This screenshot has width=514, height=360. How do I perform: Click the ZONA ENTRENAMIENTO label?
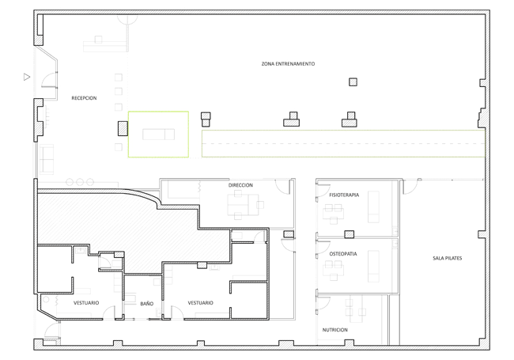click(x=288, y=64)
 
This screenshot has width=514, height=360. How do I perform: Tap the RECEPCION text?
click(x=84, y=98)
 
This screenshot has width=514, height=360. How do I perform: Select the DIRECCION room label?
click(x=240, y=185)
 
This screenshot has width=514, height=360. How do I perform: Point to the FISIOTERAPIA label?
click(x=344, y=195)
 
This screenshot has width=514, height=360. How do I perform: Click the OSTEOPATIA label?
click(x=343, y=254)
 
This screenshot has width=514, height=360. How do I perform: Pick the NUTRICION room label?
click(x=334, y=330)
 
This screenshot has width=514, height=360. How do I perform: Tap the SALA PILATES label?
click(x=447, y=259)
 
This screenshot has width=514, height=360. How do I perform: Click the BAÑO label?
click(x=147, y=304)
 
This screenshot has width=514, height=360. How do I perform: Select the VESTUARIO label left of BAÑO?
click(x=86, y=303)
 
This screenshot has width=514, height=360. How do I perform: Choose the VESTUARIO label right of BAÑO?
click(x=200, y=303)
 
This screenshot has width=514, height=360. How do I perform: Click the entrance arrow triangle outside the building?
click(x=27, y=77)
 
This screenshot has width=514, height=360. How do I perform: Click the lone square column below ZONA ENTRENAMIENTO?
click(x=353, y=82)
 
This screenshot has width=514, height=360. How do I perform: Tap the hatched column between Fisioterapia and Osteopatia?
click(x=349, y=234)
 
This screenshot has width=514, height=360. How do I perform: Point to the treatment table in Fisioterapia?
click(x=373, y=207)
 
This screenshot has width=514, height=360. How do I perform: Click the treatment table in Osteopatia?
click(x=373, y=266)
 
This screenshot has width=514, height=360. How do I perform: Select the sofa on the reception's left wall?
click(x=47, y=159)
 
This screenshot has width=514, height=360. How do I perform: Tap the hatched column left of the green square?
click(x=123, y=128)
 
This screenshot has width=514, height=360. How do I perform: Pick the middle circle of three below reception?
click(x=80, y=182)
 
